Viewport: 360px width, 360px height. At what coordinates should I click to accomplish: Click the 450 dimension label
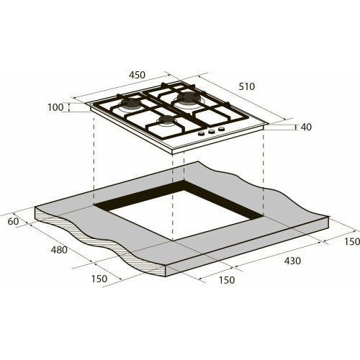click(137, 75)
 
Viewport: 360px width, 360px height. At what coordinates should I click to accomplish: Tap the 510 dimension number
click(247, 86)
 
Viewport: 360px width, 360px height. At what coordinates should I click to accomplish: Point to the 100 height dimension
click(55, 107)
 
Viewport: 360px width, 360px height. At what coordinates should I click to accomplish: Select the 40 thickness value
click(306, 127)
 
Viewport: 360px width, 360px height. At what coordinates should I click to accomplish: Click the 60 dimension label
click(13, 221)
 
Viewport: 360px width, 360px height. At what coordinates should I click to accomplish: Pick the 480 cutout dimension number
click(59, 250)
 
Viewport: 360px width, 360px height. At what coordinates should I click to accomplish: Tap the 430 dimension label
click(292, 261)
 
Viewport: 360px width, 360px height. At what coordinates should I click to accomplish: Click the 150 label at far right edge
click(352, 242)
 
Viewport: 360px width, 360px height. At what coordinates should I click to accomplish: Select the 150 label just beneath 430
click(227, 280)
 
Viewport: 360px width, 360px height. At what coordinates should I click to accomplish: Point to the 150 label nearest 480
click(99, 279)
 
